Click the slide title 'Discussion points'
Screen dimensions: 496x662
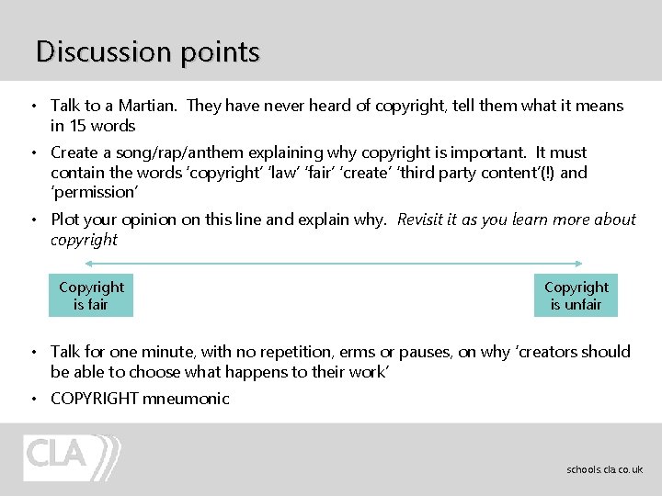(x=147, y=51)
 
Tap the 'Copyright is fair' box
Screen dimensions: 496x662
(x=91, y=296)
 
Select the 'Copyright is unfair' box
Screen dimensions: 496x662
(x=576, y=296)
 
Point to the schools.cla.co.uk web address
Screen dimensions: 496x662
(x=604, y=469)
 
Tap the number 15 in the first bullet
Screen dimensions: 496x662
(x=78, y=126)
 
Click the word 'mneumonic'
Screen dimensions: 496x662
(x=186, y=399)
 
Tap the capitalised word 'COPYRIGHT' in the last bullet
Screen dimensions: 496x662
(x=94, y=399)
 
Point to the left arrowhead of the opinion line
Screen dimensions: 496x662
(x=63, y=263)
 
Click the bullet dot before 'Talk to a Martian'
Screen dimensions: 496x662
(x=32, y=107)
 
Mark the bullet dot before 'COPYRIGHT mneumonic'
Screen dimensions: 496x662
(x=32, y=399)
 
